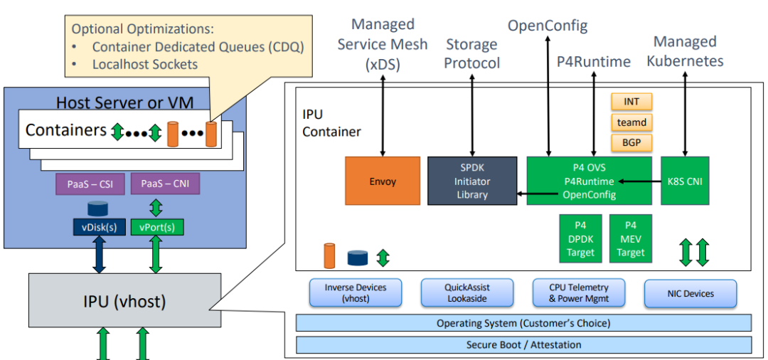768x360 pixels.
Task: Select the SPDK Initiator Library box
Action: [x=472, y=181]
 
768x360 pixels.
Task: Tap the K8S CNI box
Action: [x=685, y=181]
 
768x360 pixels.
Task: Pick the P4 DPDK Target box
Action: [x=580, y=239]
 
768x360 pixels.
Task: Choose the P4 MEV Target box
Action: [x=631, y=239]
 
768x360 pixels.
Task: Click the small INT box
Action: [x=631, y=102]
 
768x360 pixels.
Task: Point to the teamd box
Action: [x=631, y=122]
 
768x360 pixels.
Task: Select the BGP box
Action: [x=631, y=142]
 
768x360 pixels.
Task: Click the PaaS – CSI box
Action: [x=90, y=184]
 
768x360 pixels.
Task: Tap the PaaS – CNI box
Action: [x=166, y=184]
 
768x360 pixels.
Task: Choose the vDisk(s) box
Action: [x=99, y=228]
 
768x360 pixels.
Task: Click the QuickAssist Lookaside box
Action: [x=466, y=293]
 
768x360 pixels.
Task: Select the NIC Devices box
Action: [x=690, y=293]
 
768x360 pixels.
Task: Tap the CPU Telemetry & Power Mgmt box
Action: [x=578, y=293]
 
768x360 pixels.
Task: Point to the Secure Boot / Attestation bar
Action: [x=523, y=345]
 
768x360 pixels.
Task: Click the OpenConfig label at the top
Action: [x=548, y=26]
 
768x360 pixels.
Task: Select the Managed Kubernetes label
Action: [x=685, y=51]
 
